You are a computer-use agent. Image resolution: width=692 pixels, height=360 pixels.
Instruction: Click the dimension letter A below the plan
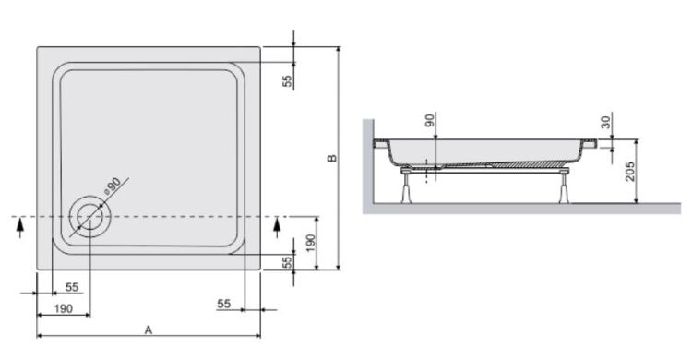point(148,329)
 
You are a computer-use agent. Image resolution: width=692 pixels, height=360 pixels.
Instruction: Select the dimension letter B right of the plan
point(332,158)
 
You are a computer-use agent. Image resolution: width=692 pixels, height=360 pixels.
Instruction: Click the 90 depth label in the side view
point(428,122)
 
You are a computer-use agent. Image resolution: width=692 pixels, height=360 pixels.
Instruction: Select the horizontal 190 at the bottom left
point(63,307)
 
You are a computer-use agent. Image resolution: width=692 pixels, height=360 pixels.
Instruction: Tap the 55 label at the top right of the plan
point(288,80)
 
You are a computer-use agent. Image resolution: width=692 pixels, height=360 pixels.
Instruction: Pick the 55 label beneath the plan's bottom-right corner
point(223,302)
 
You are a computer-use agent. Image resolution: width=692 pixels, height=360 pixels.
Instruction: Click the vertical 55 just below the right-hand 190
point(288,262)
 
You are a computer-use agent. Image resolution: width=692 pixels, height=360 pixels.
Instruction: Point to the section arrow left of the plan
point(20,227)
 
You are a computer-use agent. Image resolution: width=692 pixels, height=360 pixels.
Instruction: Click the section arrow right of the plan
point(277,226)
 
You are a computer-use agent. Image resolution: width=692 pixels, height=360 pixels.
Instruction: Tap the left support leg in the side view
point(407,186)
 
